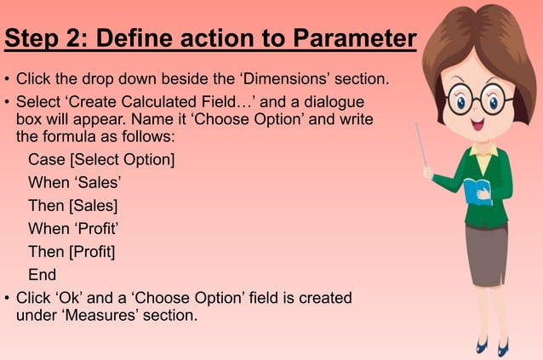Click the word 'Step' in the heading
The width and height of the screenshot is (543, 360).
33,39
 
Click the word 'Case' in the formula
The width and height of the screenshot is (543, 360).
45,159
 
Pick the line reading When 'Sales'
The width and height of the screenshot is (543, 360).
75,182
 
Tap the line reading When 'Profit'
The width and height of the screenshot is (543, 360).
72,228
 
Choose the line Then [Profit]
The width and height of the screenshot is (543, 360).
71,252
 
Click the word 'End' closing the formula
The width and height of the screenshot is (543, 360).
42,275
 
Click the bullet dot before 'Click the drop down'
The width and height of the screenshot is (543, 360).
7,82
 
